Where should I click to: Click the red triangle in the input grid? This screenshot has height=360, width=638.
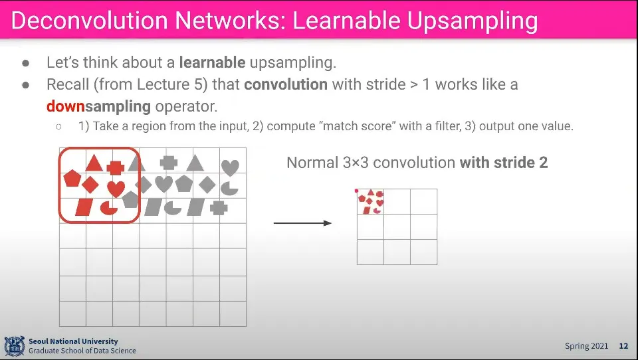(94, 163)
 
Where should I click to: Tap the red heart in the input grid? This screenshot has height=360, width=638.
(116, 189)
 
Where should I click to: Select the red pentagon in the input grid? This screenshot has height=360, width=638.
(71, 179)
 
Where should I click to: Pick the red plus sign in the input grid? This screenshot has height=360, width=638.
(116, 168)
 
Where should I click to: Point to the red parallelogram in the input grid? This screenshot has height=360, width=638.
(84, 207)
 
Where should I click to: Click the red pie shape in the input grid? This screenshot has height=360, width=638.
(108, 209)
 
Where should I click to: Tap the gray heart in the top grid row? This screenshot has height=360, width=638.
(230, 167)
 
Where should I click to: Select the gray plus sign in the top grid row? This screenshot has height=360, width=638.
(169, 161)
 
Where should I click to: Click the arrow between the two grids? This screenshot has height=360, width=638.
(302, 223)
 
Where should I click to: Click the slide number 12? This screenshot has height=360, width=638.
(623, 346)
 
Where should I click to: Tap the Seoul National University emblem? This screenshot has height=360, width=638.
(14, 346)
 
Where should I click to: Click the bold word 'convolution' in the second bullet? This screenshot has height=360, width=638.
(286, 85)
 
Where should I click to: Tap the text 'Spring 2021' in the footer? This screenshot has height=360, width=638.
(587, 346)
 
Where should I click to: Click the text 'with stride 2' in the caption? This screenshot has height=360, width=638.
(504, 163)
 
